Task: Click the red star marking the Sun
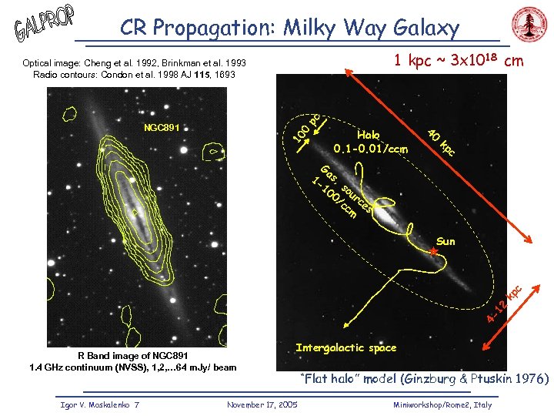pos(434,252)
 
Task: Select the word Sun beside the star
pos(446,241)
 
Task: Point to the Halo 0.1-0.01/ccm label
pos(369,141)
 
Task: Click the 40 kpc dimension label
pos(442,141)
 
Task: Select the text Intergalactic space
pos(345,348)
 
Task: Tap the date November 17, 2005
pos(262,404)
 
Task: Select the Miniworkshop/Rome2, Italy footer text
pos(442,404)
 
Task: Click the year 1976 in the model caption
pos(529,379)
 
